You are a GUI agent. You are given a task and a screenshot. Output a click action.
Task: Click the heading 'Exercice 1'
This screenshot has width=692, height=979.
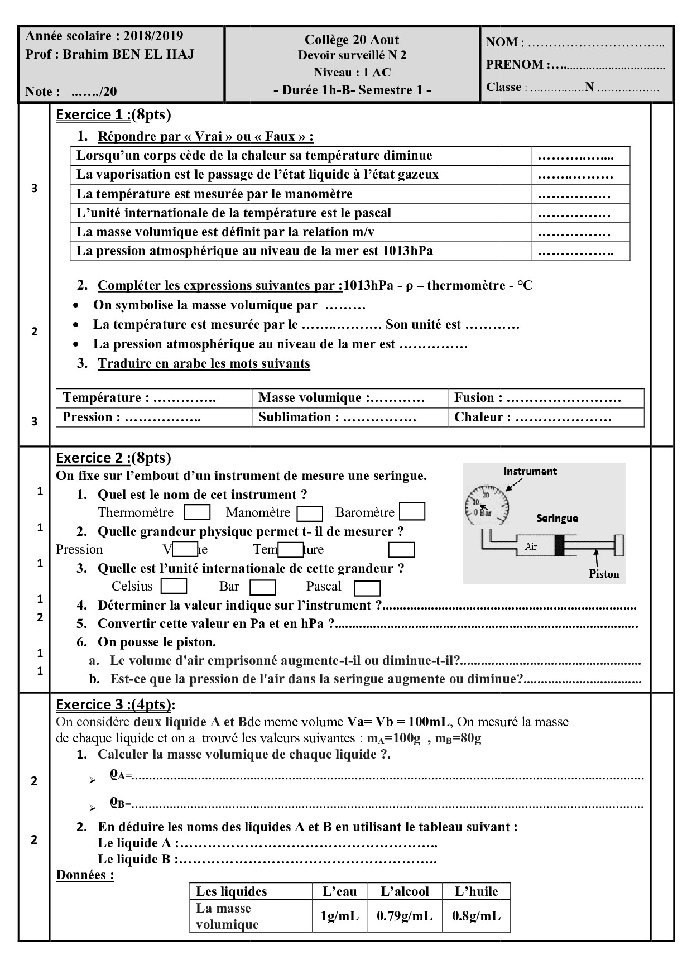[x=93, y=115]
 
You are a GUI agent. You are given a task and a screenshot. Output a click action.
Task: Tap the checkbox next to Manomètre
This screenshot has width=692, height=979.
[x=310, y=514]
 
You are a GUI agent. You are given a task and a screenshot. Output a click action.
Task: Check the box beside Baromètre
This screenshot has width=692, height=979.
[x=412, y=512]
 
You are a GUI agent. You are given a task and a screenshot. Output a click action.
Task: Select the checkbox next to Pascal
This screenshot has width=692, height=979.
[x=367, y=588]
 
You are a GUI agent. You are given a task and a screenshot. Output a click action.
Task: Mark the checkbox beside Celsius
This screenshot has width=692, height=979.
[x=174, y=586]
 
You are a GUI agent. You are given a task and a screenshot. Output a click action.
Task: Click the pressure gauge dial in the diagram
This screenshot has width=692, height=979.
[x=487, y=505]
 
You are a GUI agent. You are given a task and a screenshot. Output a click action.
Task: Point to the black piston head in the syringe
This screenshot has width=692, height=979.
[x=559, y=545]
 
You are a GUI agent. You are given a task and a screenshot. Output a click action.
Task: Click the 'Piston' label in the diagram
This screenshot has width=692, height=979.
[x=604, y=574]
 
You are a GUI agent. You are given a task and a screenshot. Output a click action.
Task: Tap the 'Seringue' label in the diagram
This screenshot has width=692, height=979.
[x=557, y=518]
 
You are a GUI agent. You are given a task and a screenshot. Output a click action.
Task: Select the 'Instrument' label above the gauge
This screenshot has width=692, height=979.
[x=530, y=472]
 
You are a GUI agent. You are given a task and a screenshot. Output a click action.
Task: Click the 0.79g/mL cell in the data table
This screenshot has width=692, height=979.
[x=405, y=916]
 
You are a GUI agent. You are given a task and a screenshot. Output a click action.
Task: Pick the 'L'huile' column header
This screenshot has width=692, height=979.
[x=476, y=891]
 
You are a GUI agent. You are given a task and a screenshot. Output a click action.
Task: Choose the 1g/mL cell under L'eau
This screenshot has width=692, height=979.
[x=339, y=916]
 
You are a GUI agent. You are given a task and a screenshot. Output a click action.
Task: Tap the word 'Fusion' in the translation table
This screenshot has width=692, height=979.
[x=474, y=398]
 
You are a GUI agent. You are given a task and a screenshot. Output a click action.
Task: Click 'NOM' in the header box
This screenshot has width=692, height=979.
[x=501, y=42]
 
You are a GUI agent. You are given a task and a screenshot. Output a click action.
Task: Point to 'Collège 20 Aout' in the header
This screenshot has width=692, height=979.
[x=352, y=40]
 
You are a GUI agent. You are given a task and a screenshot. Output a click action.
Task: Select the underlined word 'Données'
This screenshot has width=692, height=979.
[x=85, y=875]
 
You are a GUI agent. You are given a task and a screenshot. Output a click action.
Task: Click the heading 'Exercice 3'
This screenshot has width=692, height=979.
[x=93, y=704]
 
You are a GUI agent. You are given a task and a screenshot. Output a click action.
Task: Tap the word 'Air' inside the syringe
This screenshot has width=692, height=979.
[x=531, y=547]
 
